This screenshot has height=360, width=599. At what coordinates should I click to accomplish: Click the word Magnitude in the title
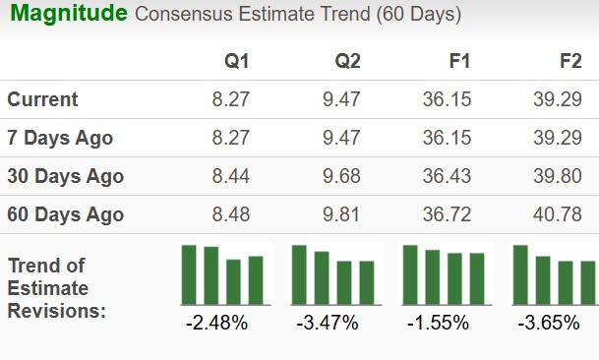pyautogui.click(x=68, y=14)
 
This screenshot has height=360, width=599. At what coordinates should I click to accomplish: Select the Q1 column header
pyautogui.click(x=237, y=61)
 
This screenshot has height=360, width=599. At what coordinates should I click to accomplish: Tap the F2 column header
pyautogui.click(x=570, y=61)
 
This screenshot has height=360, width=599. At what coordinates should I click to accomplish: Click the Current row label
pyautogui.click(x=42, y=99)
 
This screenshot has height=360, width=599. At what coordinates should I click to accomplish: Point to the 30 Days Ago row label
pyautogui.click(x=65, y=176)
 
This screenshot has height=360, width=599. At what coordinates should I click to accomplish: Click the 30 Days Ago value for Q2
pyautogui.click(x=341, y=176)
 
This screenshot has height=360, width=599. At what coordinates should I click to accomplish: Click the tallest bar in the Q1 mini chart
pyautogui.click(x=189, y=274)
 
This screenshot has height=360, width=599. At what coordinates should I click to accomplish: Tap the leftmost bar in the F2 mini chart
pyautogui.click(x=521, y=274)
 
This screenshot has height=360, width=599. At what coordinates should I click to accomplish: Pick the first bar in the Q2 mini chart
pyautogui.click(x=300, y=274)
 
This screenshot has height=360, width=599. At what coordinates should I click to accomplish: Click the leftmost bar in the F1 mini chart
pyautogui.click(x=410, y=274)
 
